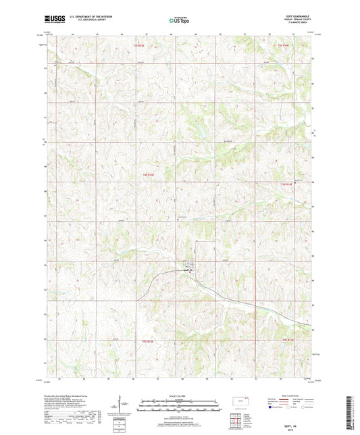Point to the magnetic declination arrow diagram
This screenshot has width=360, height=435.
click(x=122, y=406)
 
